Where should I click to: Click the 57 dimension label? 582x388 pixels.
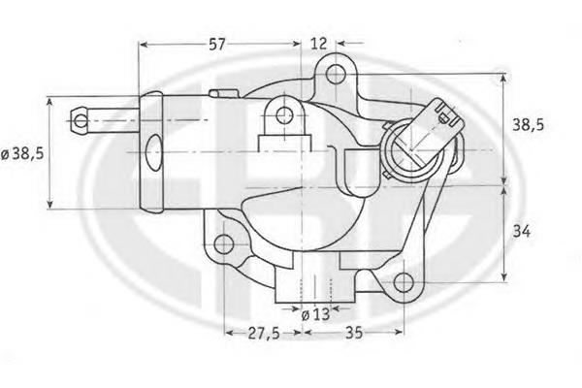(219, 43)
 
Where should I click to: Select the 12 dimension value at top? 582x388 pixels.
(318, 43)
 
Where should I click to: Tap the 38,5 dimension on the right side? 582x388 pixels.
(532, 124)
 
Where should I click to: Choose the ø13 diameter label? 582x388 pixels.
(316, 312)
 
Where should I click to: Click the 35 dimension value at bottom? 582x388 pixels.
(353, 333)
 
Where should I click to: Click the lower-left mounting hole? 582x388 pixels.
(225, 243)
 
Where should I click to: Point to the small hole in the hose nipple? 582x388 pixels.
(81, 120)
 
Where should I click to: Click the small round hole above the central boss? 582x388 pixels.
(284, 116)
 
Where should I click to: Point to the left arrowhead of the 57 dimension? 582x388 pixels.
(143, 44)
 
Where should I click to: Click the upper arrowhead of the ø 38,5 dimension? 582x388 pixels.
(48, 100)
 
